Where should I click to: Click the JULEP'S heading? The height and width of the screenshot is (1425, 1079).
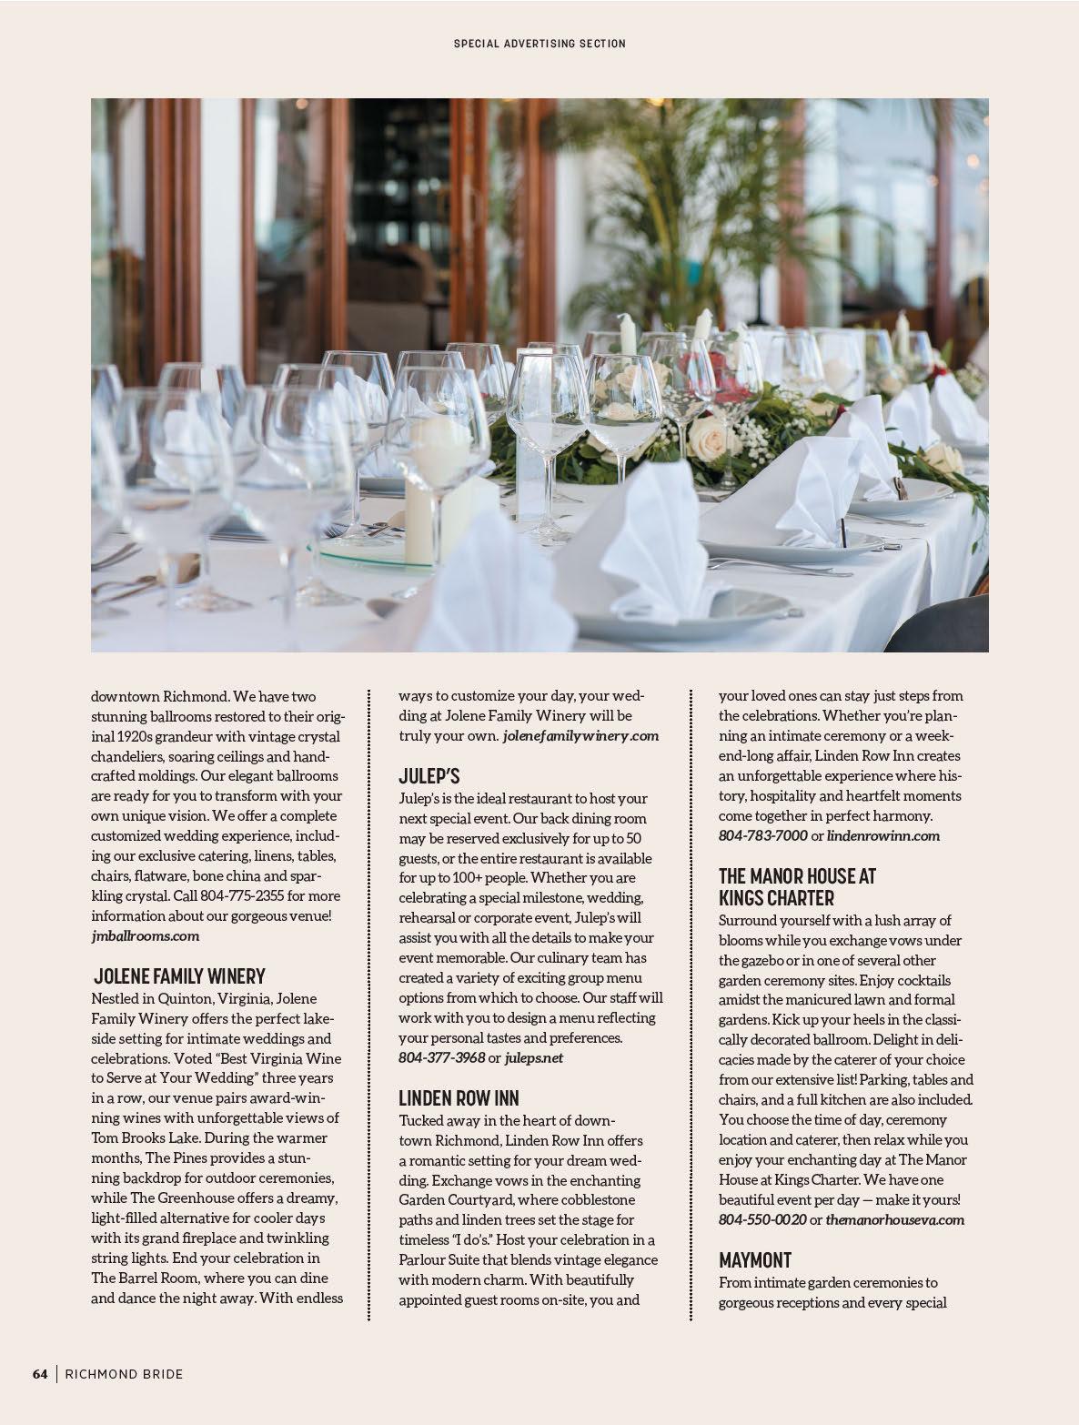pyautogui.click(x=429, y=776)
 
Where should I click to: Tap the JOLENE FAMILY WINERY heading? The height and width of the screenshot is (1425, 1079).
pyautogui.click(x=180, y=976)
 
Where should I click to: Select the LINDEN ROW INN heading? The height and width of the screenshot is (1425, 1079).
pyautogui.click(x=459, y=1098)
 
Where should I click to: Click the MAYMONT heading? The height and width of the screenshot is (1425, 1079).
pyautogui.click(x=755, y=1260)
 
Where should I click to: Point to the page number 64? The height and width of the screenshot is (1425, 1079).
pyautogui.click(x=40, y=1374)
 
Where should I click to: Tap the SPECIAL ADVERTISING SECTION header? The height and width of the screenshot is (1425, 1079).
pyautogui.click(x=539, y=43)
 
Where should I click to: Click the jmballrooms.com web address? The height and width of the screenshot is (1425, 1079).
pyautogui.click(x=145, y=935)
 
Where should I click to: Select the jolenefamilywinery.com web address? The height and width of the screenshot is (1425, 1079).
pyautogui.click(x=580, y=735)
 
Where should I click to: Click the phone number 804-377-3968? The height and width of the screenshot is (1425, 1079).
pyautogui.click(x=441, y=1057)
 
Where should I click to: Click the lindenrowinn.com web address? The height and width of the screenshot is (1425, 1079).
pyautogui.click(x=883, y=835)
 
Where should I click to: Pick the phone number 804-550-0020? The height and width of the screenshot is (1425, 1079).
pyautogui.click(x=762, y=1219)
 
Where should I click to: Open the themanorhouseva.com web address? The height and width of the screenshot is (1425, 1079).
pyautogui.click(x=894, y=1219)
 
